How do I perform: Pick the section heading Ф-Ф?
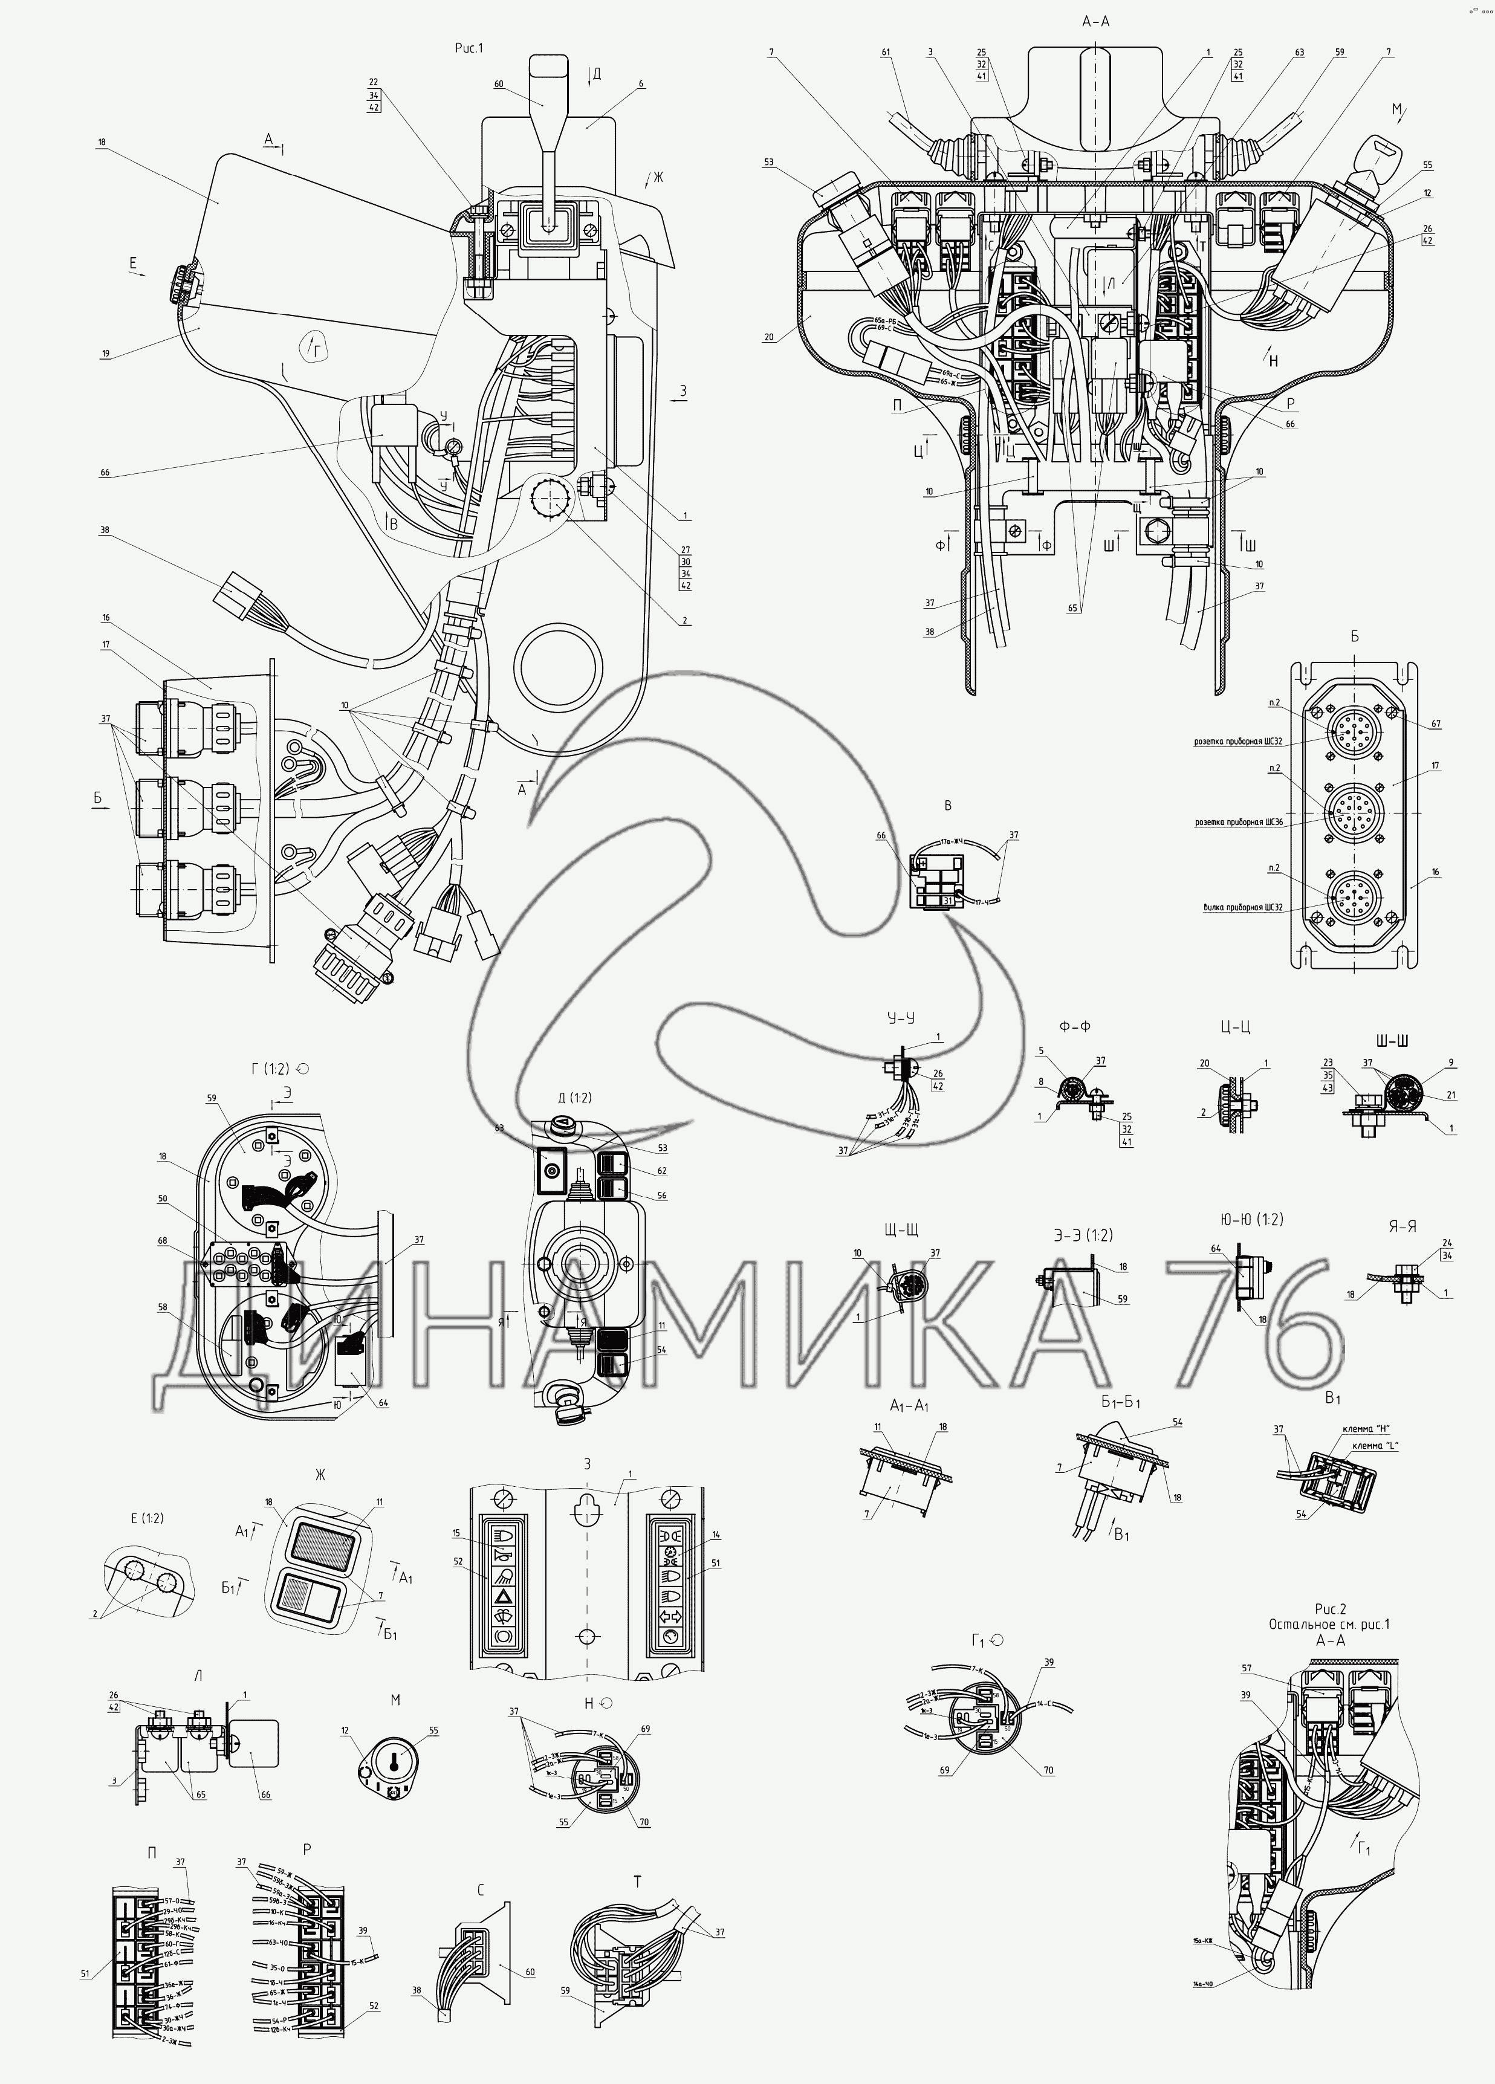[1075, 1026]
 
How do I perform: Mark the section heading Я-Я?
[1399, 1225]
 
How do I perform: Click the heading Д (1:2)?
[574, 1098]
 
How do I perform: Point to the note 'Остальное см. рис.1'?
[1329, 1623]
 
